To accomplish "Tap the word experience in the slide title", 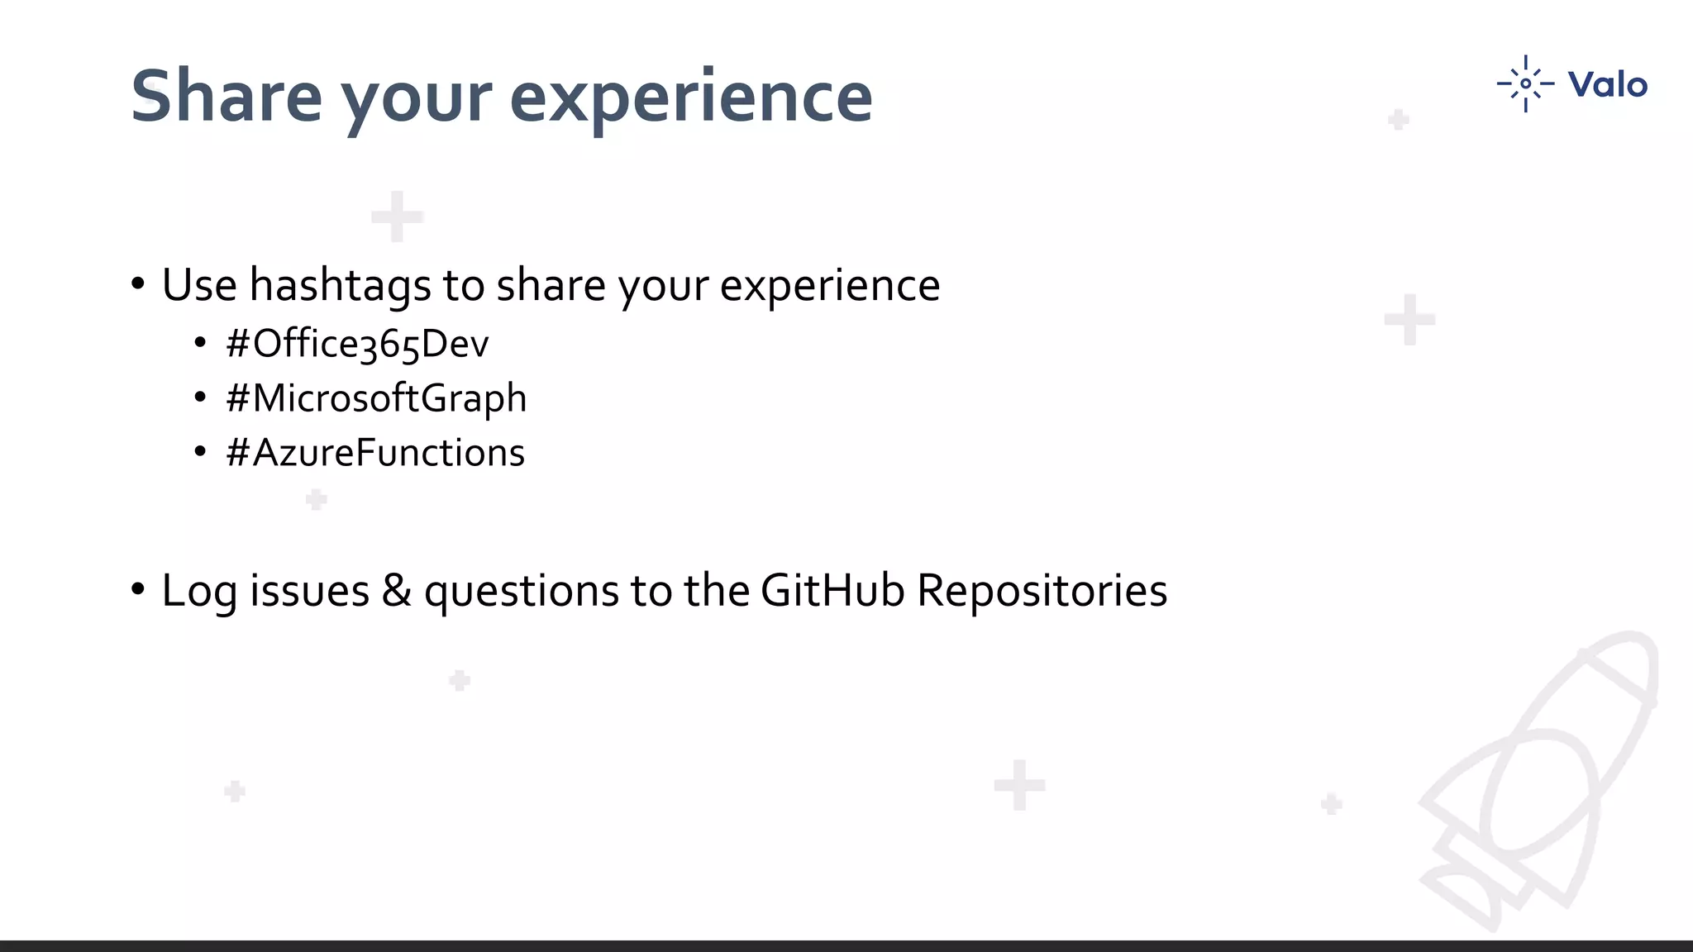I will pos(691,98).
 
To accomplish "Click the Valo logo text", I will pos(1607,84).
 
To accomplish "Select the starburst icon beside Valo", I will pos(1525,83).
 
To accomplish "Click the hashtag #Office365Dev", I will pos(357,344).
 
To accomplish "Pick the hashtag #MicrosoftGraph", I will pos(376,398).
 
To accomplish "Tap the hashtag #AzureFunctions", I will pos(374,453).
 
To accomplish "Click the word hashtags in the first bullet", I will pos(340,286).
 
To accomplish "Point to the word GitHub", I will pos(832,590).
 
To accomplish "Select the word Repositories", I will pos(1042,590).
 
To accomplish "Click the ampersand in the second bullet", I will pos(397,590).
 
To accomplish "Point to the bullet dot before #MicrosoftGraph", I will pos(200,398).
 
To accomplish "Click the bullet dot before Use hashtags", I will pos(138,284).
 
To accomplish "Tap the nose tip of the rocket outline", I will pos(1641,645).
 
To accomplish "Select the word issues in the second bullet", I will pos(309,590).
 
